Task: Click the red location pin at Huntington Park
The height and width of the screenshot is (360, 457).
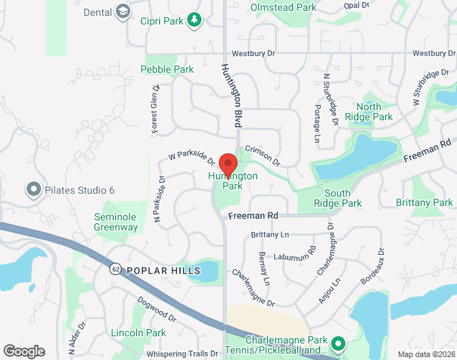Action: click(x=228, y=163)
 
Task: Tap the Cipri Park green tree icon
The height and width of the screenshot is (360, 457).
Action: click(x=194, y=21)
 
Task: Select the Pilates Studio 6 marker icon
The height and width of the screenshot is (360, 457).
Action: click(x=32, y=190)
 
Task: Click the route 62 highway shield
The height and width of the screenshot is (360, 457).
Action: click(x=115, y=269)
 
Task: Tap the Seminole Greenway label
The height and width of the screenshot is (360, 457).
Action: click(x=116, y=222)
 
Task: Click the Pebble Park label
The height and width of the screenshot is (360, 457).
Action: click(x=167, y=70)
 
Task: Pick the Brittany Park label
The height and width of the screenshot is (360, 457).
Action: click(x=425, y=203)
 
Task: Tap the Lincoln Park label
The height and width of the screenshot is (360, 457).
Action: click(x=139, y=333)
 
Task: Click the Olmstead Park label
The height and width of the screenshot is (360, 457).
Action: click(x=284, y=8)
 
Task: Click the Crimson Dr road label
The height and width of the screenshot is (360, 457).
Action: click(x=262, y=156)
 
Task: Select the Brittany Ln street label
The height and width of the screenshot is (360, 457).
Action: click(x=270, y=235)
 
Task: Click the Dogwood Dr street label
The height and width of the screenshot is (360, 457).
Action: click(x=156, y=310)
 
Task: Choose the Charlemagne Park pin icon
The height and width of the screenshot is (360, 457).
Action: click(x=338, y=341)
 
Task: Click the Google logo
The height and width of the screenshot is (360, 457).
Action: click(x=24, y=351)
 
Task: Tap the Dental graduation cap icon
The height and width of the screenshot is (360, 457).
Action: click(x=123, y=12)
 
